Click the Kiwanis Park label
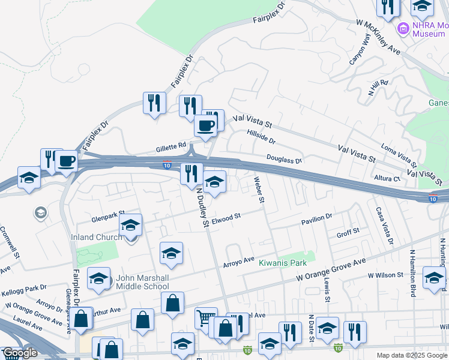(283, 263)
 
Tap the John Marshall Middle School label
(143, 282)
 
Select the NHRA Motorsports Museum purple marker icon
(403, 28)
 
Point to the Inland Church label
(96, 237)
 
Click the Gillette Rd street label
(173, 146)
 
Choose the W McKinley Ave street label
(378, 38)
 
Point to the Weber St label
(259, 189)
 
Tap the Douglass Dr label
(284, 159)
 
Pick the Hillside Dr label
(261, 137)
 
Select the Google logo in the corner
(20, 353)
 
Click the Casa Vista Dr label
(384, 226)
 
